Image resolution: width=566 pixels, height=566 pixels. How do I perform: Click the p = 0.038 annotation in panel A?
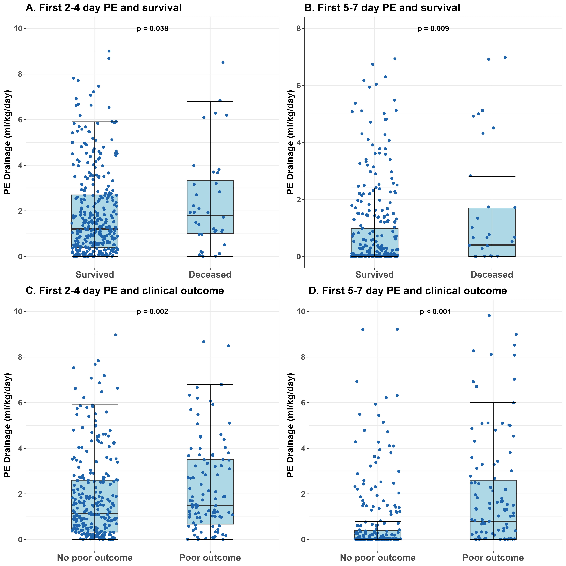152,29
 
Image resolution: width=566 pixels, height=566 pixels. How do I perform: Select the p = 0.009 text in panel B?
433,29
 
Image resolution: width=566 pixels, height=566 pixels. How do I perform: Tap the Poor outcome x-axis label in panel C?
210,558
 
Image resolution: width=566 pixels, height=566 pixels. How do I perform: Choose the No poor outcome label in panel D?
378,558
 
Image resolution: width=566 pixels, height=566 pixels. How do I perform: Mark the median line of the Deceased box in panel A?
210,215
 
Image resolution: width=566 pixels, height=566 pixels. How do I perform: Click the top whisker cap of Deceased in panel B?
492,177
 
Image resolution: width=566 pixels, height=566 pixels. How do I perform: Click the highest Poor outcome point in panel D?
489,316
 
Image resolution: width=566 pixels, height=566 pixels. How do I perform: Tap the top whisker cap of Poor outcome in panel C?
210,384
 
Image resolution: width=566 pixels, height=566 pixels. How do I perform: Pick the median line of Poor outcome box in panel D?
493,521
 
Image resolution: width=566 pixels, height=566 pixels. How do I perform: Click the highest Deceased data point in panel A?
223,62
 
